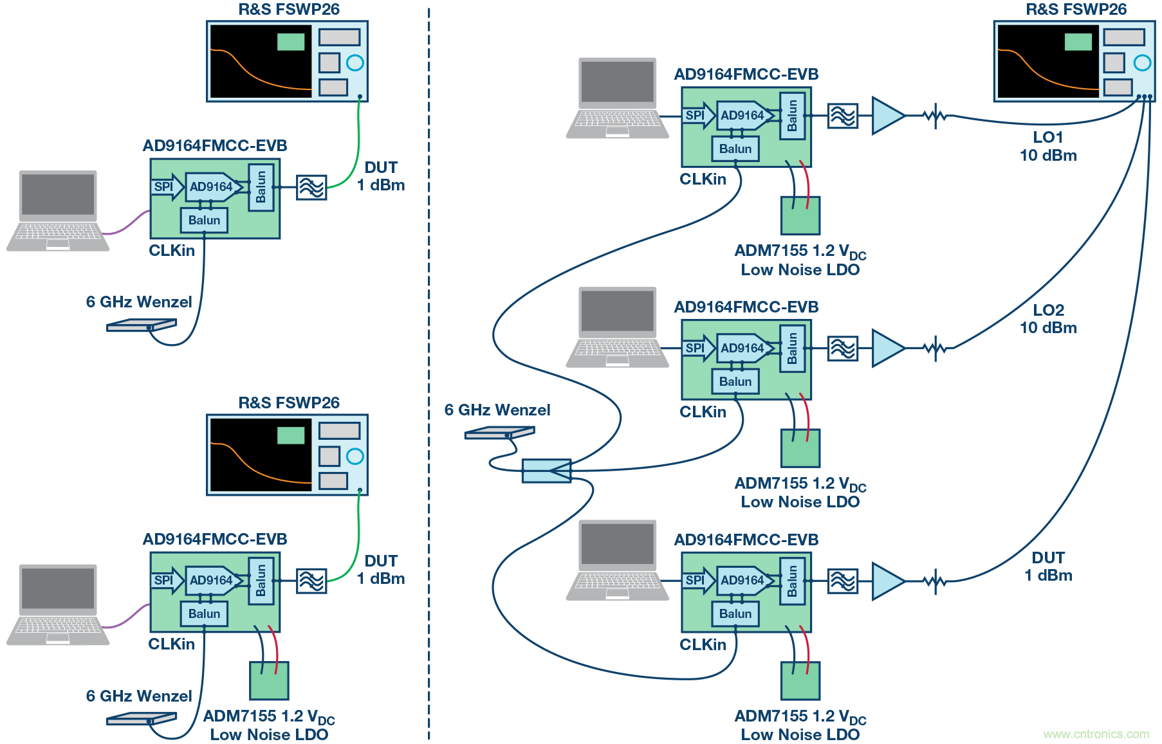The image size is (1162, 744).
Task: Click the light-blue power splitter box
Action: pos(546,471)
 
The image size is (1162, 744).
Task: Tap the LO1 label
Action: pos(1047,138)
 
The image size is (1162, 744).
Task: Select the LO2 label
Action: pos(1048,310)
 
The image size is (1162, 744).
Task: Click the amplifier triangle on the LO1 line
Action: pos(887,116)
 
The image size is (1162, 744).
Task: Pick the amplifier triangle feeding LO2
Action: pos(887,348)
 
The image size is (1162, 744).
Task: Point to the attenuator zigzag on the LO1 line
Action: pos(934,116)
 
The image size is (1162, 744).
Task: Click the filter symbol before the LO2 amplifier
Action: pos(842,348)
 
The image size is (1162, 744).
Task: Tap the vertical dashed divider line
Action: pos(429,373)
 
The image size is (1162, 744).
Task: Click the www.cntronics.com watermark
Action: pos(1096,734)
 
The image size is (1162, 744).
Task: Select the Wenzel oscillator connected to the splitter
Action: pos(499,433)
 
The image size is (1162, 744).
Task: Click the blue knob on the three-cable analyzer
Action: pos(1142,62)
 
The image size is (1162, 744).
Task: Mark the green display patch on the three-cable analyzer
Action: pos(1078,42)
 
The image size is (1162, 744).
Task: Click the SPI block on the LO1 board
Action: pos(695,116)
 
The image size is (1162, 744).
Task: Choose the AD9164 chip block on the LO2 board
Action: pos(742,348)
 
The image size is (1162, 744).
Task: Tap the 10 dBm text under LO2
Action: pos(1048,328)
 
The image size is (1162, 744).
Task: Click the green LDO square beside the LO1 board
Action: pos(800,216)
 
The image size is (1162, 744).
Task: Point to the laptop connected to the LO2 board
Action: pos(617,327)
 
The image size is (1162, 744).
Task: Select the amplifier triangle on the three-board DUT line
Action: pos(887,581)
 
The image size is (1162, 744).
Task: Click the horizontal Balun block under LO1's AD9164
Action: pos(735,149)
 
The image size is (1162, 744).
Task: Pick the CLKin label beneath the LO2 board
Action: pos(703,412)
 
